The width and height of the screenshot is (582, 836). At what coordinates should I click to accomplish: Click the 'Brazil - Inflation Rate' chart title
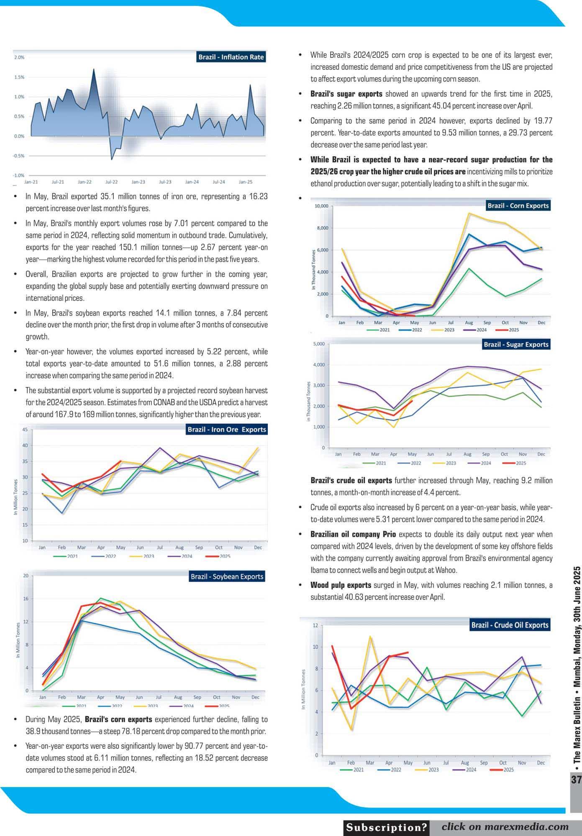231,57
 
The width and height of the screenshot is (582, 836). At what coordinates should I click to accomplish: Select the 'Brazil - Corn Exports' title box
518,206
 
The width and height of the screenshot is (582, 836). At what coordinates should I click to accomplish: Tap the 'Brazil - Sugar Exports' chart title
516,344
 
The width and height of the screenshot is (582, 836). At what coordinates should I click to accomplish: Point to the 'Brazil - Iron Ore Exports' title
227,429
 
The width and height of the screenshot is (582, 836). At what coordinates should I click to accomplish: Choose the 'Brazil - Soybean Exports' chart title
227,576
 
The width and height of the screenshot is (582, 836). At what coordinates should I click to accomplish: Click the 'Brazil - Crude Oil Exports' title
510,625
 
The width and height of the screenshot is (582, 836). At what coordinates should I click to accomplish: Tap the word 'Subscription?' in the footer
387,827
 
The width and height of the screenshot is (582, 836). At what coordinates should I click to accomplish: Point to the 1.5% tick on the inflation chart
19,77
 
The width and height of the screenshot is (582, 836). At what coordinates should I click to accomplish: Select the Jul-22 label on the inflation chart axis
111,182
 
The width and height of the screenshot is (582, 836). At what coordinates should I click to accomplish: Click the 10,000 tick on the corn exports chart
321,206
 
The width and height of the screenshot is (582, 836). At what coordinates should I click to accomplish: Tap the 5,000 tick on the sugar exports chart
319,344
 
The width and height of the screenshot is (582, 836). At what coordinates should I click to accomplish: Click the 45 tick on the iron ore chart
25,430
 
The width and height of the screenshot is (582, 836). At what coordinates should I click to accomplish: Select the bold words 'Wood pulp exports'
341,585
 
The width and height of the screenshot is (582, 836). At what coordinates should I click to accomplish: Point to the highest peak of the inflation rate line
93,69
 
